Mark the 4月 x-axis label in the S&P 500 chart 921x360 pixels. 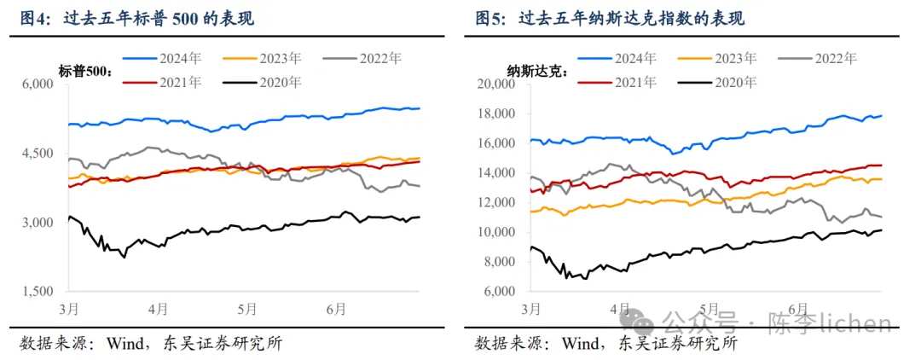coord(157,308)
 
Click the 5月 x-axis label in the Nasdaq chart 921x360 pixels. coord(707,308)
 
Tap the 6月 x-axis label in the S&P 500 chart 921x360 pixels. coord(335,308)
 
